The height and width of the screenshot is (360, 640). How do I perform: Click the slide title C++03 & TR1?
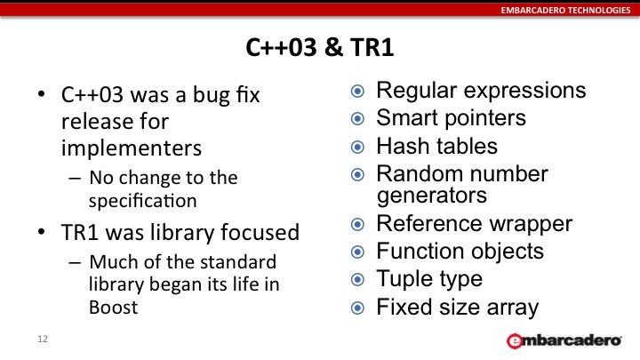[320, 47]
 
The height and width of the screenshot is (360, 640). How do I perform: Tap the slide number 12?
[43, 339]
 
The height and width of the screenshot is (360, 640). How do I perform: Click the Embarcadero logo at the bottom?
[564, 340]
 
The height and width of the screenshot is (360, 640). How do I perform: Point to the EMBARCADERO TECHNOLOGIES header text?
[565, 10]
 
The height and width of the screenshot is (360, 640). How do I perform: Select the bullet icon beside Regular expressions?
[357, 91]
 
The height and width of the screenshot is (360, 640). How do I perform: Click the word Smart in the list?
[407, 118]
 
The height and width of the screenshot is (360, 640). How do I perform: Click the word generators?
[432, 196]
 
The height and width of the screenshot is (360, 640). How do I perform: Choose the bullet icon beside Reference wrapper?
[357, 224]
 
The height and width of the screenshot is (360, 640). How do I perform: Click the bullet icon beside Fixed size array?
[357, 308]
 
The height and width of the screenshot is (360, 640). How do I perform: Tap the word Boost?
[114, 308]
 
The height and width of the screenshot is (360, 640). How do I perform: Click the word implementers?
[132, 148]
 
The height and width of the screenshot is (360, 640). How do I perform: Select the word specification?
[143, 201]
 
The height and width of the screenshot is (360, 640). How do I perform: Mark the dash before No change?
[75, 178]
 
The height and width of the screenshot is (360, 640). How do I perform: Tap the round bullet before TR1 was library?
[41, 231]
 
